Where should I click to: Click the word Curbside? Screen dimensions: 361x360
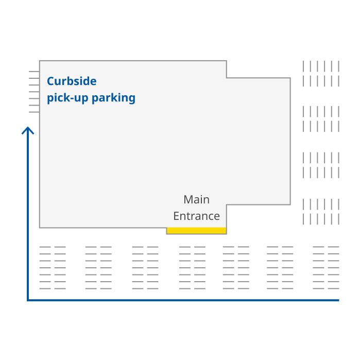[x=72, y=81]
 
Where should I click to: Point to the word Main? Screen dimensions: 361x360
[x=196, y=199]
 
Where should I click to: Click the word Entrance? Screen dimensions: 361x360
[x=196, y=216]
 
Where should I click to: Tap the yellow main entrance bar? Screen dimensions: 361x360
[x=196, y=231]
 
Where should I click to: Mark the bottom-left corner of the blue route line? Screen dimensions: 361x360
[x=28, y=300]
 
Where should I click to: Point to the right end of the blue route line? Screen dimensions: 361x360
[x=338, y=300]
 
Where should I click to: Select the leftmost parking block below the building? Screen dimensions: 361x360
[x=53, y=268]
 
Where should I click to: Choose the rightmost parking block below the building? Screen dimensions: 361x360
[x=326, y=268]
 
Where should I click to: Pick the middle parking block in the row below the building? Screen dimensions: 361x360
[x=192, y=268]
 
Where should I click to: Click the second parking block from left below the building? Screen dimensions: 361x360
[x=98, y=268]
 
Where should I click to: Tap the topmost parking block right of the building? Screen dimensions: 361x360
[x=321, y=74]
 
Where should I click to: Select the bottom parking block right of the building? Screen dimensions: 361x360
[x=321, y=212]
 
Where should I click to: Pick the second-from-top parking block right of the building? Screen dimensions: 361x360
[x=321, y=119]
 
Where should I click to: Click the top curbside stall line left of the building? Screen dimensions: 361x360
[x=34, y=72]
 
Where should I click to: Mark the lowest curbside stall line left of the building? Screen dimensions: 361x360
[x=34, y=112]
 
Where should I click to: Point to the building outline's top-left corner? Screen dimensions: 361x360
[x=40, y=61]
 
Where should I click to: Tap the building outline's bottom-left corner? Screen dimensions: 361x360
[x=40, y=227]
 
